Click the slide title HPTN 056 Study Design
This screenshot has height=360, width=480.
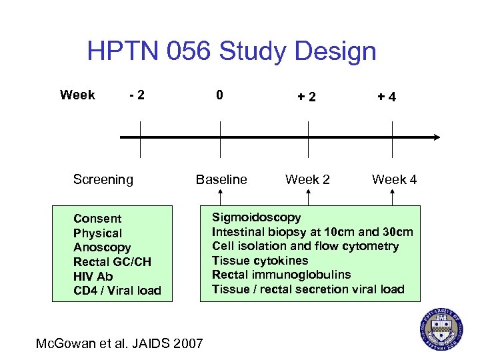coord(231,51)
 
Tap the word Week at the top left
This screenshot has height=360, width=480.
coord(77,95)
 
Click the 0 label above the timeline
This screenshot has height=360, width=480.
coord(220,95)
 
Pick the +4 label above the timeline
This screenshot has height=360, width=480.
coord(387,97)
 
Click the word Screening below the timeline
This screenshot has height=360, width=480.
coord(103,179)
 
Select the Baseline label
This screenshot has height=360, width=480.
coord(221,179)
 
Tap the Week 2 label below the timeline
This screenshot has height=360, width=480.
coord(307,179)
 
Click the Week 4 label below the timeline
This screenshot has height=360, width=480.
coord(394,179)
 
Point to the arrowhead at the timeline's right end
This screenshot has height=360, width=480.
coord(436,137)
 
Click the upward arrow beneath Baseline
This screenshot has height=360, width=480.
coord(220,197)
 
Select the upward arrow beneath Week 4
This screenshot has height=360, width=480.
coord(393,197)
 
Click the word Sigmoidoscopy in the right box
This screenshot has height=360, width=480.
coord(256,217)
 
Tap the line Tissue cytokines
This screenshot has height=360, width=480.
coord(260,261)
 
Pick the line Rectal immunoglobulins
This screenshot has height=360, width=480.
coord(281,275)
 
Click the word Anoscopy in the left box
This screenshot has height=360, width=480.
coord(102,247)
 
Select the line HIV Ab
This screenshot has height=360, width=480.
coord(93,276)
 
